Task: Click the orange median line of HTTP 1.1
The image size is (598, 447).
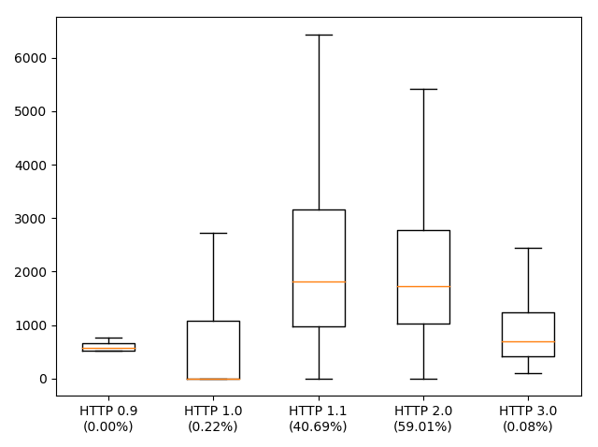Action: (319, 281)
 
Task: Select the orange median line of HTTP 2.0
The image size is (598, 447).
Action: (423, 286)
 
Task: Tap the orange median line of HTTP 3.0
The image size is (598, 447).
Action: (528, 341)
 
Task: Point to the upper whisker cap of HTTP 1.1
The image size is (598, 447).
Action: (319, 35)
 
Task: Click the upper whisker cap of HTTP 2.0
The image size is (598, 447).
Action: (423, 89)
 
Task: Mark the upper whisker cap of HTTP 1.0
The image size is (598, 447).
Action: (213, 233)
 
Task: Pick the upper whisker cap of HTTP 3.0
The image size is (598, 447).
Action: (528, 248)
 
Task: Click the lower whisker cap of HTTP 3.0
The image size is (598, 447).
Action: (528, 373)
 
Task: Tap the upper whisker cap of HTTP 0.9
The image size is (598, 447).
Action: (108, 338)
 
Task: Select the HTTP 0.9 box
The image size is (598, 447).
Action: (108, 346)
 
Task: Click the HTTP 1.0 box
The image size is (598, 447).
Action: (213, 350)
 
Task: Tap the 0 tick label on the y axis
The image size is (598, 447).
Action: (43, 379)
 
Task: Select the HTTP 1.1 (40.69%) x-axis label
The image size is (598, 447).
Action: (319, 419)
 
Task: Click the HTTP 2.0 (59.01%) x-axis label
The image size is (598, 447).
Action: (423, 419)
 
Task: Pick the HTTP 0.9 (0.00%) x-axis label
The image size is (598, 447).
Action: (108, 419)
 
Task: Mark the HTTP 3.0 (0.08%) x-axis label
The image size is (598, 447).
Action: (528, 419)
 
